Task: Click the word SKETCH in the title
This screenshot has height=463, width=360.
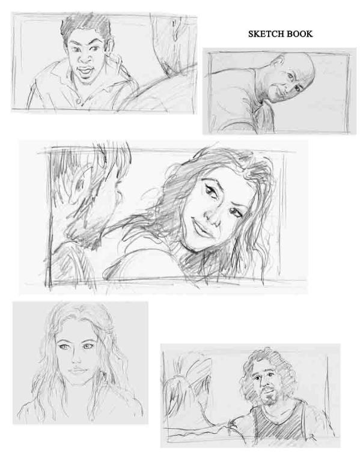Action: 264,34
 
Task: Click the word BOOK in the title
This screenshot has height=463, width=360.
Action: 297,34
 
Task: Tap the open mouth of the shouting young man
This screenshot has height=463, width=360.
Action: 85,71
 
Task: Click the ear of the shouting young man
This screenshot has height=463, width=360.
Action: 110,48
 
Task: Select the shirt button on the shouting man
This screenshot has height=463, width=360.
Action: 78,101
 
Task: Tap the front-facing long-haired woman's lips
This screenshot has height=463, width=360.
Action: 76,371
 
